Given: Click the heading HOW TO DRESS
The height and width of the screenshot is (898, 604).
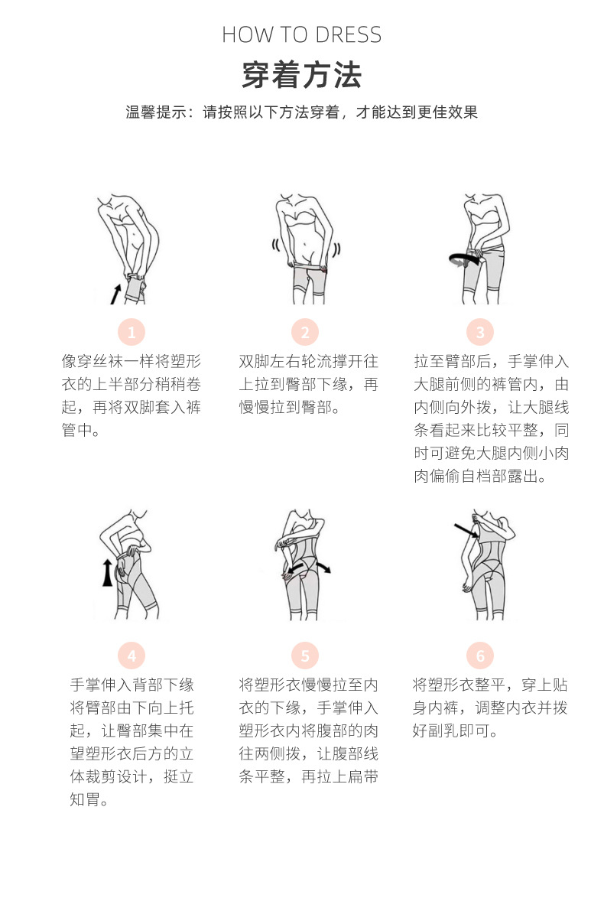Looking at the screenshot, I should (x=301, y=35).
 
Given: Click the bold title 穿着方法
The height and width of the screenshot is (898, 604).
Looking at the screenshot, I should (x=301, y=76).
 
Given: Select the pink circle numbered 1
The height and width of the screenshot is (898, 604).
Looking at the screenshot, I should (x=132, y=333).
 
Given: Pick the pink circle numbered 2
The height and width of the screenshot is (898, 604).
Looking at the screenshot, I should (x=304, y=333).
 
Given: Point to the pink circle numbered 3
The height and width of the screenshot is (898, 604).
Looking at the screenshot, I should (x=480, y=333).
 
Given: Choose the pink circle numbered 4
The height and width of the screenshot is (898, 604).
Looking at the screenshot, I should (x=132, y=656).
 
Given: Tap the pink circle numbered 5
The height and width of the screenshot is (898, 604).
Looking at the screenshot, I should (x=304, y=656).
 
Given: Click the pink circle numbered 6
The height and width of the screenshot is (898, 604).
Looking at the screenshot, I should (x=480, y=656).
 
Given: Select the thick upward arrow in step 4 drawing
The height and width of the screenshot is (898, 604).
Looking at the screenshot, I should (x=108, y=572).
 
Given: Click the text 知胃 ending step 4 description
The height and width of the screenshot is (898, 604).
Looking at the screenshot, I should (x=84, y=800).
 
